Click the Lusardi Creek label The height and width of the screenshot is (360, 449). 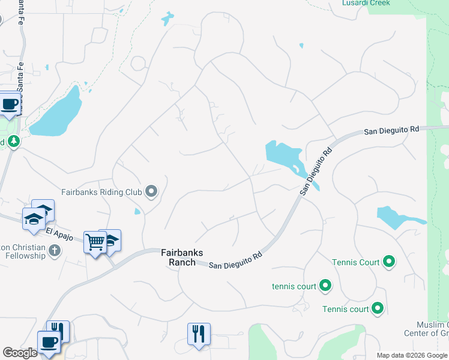tap(366, 3)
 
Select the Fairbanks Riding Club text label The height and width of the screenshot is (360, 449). tap(101, 193)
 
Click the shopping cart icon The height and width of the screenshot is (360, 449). tap(95, 242)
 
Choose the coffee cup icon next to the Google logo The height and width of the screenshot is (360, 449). tap(48, 343)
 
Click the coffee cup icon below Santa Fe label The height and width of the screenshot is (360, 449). tap(10, 104)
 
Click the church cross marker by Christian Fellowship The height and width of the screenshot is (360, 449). tap(55, 250)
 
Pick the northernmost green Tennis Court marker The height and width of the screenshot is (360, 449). tap(389, 262)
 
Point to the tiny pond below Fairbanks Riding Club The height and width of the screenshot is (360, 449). tap(138, 211)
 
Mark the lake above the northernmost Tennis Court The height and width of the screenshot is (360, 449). tap(396, 217)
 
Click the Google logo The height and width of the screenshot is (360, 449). tap(20, 353)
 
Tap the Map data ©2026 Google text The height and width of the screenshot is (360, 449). tap(412, 355)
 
